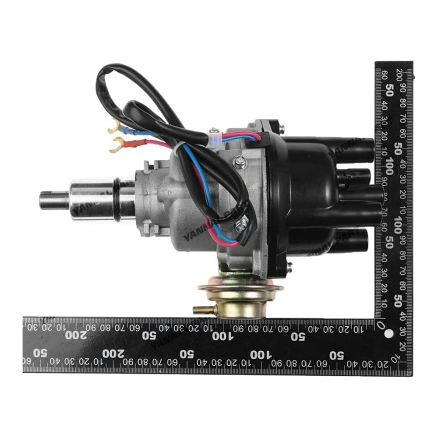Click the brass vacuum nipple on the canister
(199, 310)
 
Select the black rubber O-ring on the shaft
(118, 199)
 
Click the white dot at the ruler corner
(388, 334)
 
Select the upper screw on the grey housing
(240, 163)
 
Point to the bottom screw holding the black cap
(289, 265)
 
